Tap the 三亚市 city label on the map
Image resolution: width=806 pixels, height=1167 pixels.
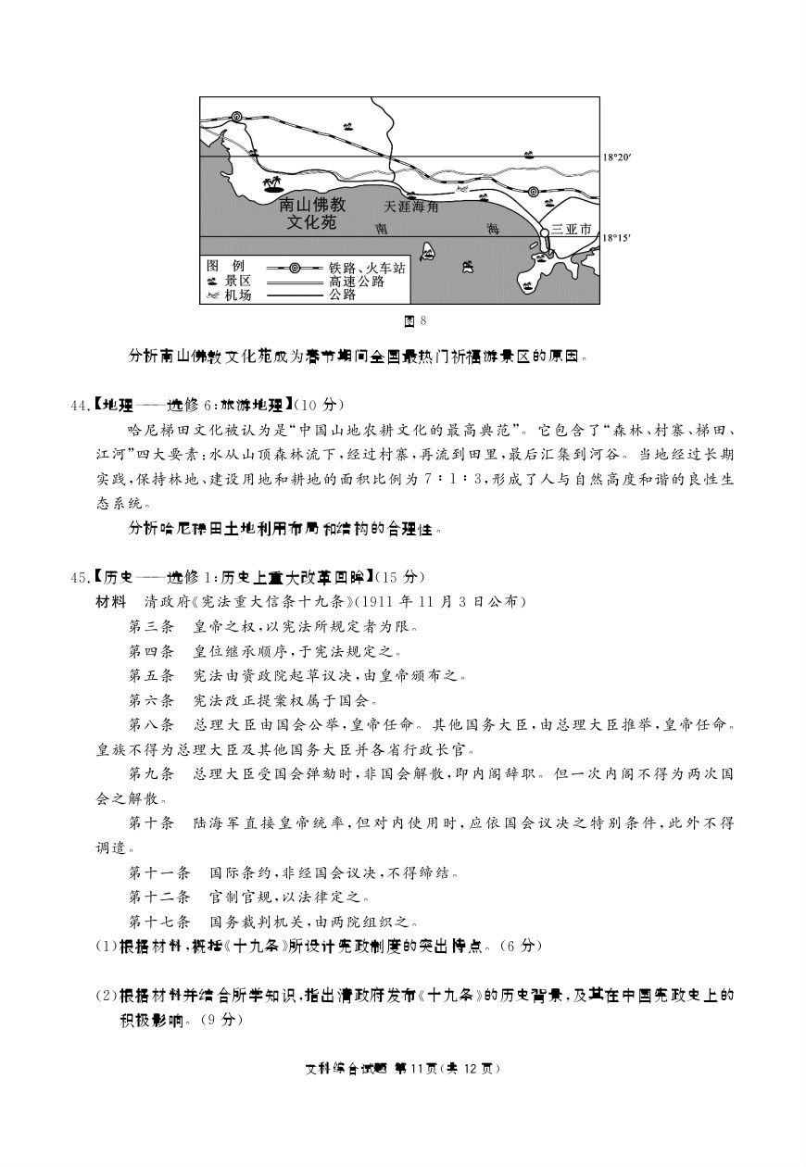click(x=571, y=228)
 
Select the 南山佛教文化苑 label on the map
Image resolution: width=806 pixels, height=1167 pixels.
click(x=311, y=215)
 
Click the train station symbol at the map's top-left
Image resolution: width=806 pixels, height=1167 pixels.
click(x=237, y=118)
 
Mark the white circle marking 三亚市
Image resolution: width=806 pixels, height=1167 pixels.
click(x=546, y=233)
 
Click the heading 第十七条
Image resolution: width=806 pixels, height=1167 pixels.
click(x=158, y=922)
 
